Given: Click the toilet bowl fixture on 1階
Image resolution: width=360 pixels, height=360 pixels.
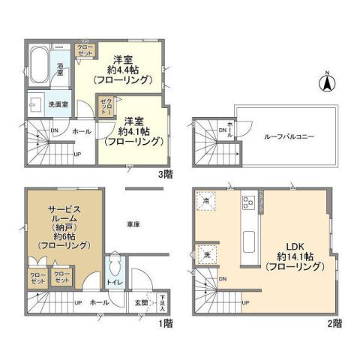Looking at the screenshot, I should coord(115,268).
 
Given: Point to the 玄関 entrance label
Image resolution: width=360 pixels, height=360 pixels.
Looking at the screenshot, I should coord(141,302).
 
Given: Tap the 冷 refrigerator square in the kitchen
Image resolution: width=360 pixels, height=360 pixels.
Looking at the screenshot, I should coord(206,202).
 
